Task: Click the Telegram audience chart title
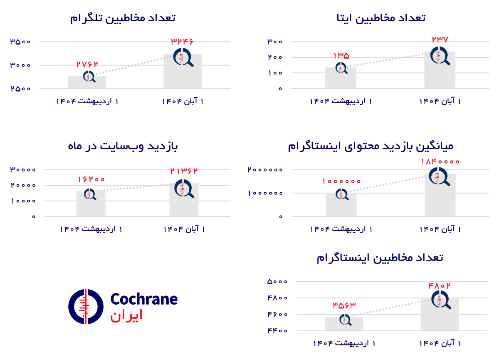(123, 18)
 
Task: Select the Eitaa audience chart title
(381, 18)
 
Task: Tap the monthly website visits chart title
(123, 146)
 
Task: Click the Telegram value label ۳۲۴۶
(182, 41)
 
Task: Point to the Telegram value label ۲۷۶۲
(87, 64)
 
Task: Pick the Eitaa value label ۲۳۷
(440, 40)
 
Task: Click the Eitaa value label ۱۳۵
(341, 55)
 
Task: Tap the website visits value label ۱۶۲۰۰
(91, 179)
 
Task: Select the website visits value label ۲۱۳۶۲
(184, 171)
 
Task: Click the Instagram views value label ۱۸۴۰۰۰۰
(440, 161)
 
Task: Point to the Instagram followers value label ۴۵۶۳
(344, 305)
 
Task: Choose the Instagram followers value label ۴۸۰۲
(440, 286)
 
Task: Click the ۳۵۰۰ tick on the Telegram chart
(20, 42)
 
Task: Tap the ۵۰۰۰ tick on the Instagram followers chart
(277, 281)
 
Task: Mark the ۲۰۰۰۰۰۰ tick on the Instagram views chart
(265, 170)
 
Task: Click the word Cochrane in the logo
(144, 299)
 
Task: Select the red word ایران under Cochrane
(126, 315)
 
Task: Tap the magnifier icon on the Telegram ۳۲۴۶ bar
(183, 57)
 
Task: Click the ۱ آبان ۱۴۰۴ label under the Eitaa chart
(440, 102)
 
